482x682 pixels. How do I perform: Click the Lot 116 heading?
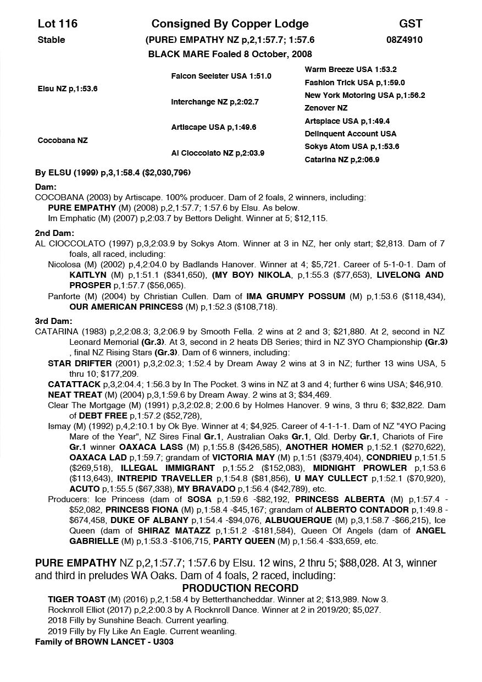[x=57, y=24]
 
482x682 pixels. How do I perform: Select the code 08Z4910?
[x=405, y=40]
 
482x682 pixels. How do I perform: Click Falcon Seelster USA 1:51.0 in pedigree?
[x=221, y=76]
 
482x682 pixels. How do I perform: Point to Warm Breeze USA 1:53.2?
[x=351, y=70]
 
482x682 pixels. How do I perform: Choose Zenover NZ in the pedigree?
[x=326, y=108]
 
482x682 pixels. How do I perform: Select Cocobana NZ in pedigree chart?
[x=62, y=141]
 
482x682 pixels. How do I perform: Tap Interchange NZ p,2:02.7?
[x=214, y=102]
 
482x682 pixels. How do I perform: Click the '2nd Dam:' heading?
[x=51, y=233]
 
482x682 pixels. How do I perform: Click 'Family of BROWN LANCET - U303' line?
[x=104, y=641]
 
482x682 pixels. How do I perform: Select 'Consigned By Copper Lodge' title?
[x=230, y=24]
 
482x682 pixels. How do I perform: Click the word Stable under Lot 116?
[x=51, y=40]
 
